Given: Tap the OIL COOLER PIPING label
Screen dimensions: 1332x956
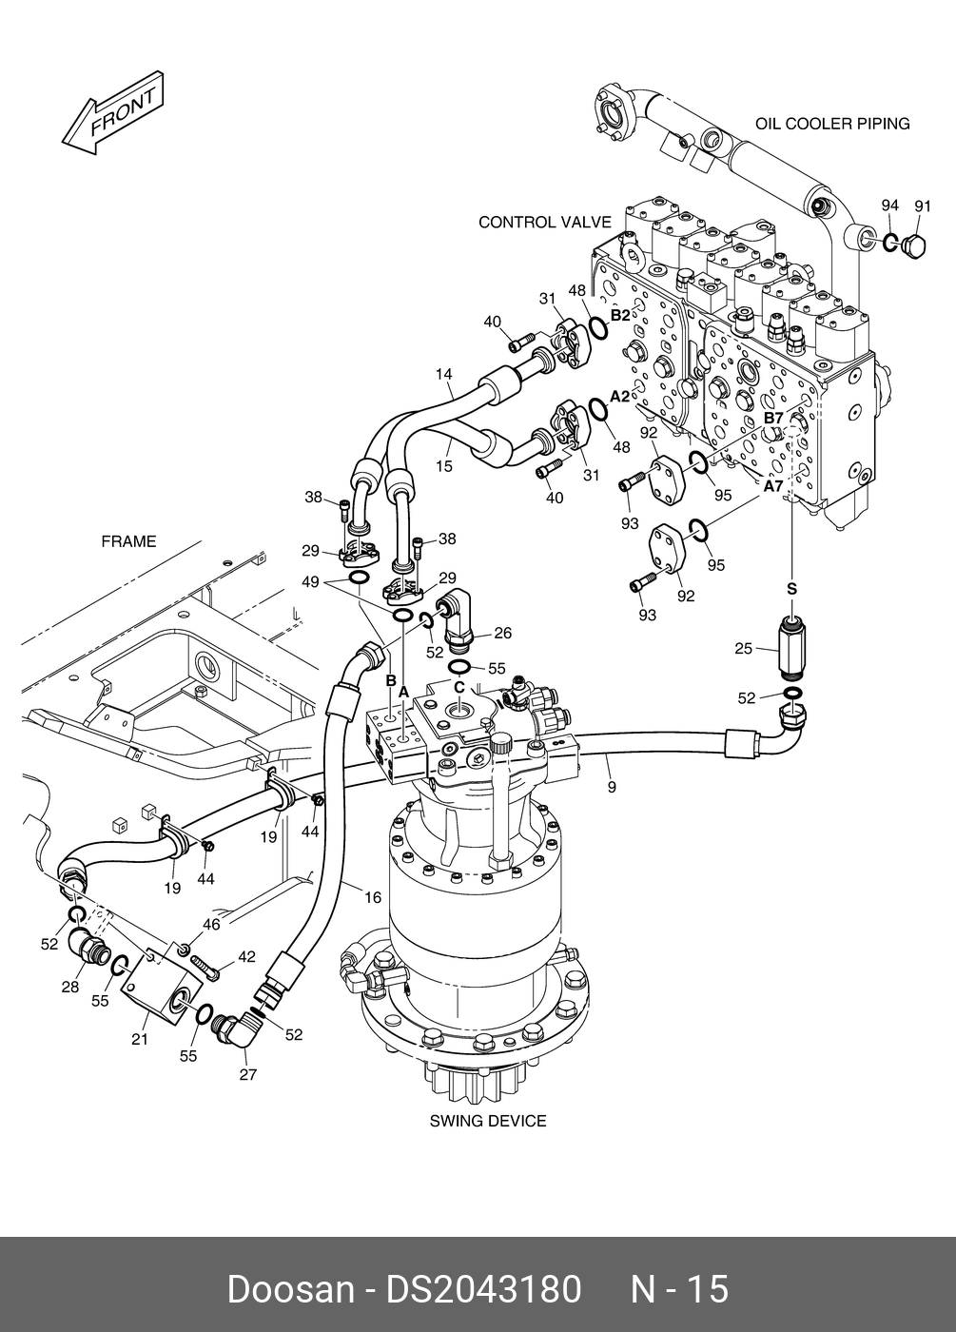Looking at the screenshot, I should pyautogui.click(x=832, y=124).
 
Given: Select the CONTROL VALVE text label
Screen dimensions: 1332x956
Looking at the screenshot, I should pyautogui.click(x=544, y=223).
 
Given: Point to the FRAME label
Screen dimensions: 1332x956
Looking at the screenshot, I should pyautogui.click(x=128, y=542).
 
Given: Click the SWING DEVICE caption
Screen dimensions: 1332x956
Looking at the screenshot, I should pyautogui.click(x=488, y=1121).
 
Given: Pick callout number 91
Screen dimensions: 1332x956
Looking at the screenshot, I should pyautogui.click(x=922, y=206).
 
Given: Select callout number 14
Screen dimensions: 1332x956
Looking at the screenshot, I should pyautogui.click(x=444, y=375).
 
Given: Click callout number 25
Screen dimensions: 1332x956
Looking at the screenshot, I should pyautogui.click(x=744, y=650).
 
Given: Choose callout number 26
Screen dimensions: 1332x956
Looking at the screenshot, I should pyautogui.click(x=502, y=634).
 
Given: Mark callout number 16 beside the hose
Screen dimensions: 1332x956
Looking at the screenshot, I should pyautogui.click(x=372, y=897).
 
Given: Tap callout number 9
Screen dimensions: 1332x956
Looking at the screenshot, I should pyautogui.click(x=612, y=787).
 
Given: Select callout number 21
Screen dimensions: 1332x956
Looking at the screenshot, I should pyautogui.click(x=140, y=1040).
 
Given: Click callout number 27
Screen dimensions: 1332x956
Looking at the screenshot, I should pyautogui.click(x=248, y=1076).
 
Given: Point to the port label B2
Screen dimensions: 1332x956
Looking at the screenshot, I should pyautogui.click(x=619, y=315).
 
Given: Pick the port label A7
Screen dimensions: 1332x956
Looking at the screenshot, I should pyautogui.click(x=773, y=485).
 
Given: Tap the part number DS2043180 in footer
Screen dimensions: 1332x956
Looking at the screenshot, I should pyautogui.click(x=482, y=1289).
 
